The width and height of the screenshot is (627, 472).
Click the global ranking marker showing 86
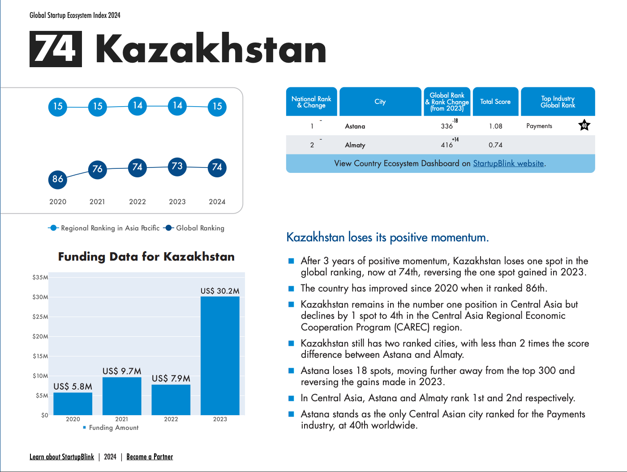(x=58, y=179)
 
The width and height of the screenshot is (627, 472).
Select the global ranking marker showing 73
(x=177, y=167)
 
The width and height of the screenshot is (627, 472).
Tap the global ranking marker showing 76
(x=97, y=169)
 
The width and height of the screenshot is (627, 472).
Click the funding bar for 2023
(x=220, y=356)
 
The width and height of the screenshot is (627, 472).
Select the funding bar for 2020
(x=73, y=404)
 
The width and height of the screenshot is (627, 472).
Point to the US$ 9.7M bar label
(x=122, y=371)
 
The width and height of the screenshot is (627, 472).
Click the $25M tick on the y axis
(x=40, y=317)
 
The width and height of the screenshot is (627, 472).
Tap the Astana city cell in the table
(x=355, y=126)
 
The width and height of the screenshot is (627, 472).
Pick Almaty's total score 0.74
(x=495, y=145)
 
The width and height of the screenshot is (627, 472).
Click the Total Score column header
(x=496, y=102)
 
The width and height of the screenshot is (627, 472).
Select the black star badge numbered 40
(x=584, y=125)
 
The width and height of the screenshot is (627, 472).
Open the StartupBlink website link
(x=508, y=163)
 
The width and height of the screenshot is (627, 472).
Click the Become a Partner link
(x=150, y=457)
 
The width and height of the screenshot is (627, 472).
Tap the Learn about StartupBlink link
(x=62, y=457)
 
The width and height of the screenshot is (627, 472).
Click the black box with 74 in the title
(x=56, y=49)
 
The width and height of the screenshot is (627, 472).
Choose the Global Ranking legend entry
(x=194, y=228)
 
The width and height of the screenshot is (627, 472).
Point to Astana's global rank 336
(x=447, y=126)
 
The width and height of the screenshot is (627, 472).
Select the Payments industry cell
(x=539, y=126)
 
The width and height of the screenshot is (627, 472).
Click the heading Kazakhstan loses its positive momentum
(x=388, y=237)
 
